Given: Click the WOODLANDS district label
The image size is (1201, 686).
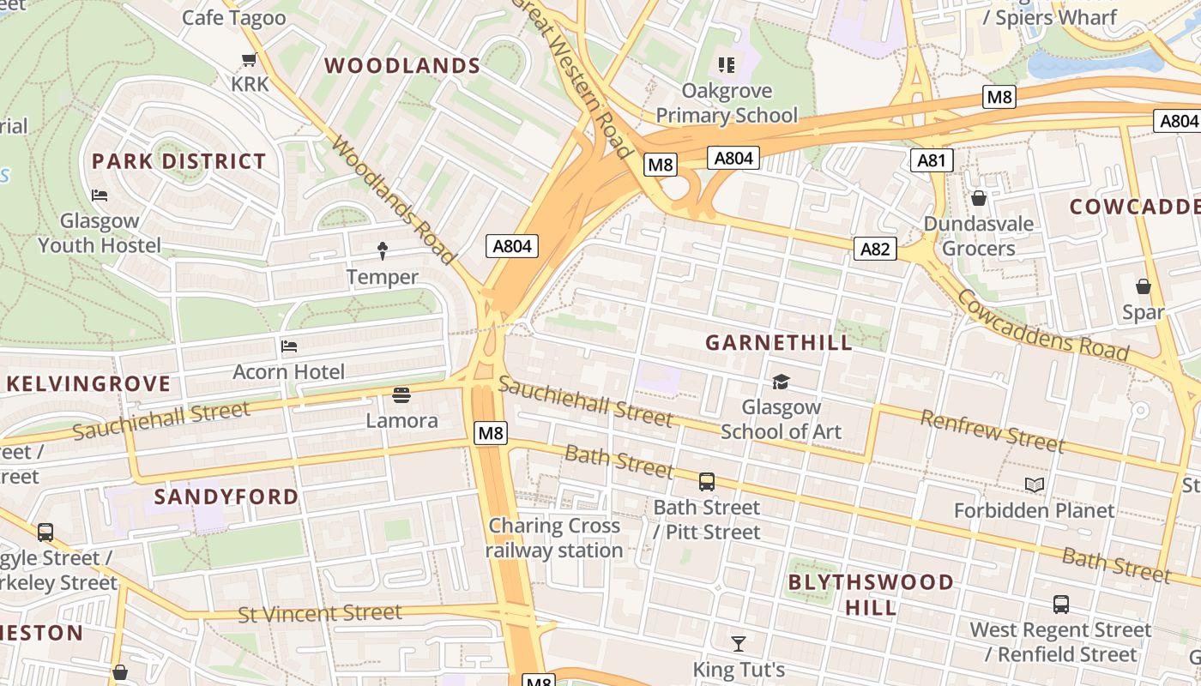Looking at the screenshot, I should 401,66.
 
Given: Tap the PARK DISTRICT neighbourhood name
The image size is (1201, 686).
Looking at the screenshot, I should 178,161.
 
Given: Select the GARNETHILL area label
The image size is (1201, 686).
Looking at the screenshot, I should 779,343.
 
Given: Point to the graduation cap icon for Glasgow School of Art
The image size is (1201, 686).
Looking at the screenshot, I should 781,382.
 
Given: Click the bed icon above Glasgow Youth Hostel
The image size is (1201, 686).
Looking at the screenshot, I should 100,196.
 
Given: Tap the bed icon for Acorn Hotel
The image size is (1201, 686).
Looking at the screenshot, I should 289,346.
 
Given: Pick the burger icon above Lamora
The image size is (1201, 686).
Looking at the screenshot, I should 401,395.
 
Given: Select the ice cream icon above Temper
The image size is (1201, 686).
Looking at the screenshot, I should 383,250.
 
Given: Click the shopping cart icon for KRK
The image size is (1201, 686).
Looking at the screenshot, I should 250,59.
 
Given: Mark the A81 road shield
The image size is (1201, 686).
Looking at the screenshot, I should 931,160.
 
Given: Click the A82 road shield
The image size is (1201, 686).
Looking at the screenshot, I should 875,249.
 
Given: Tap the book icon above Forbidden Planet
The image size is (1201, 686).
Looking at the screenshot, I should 1035,485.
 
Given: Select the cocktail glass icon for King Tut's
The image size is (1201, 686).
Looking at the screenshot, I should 739,643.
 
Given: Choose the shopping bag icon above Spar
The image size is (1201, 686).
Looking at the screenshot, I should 1143,286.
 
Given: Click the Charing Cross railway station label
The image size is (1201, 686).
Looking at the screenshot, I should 554,538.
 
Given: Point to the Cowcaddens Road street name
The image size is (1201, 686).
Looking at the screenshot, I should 1041,325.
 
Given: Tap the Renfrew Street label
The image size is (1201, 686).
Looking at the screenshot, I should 992,430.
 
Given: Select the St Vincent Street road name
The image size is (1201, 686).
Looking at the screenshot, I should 320,613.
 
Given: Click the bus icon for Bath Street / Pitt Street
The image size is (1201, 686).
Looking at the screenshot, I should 707,482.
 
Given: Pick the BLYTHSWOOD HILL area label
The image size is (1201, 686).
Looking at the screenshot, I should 870,595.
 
